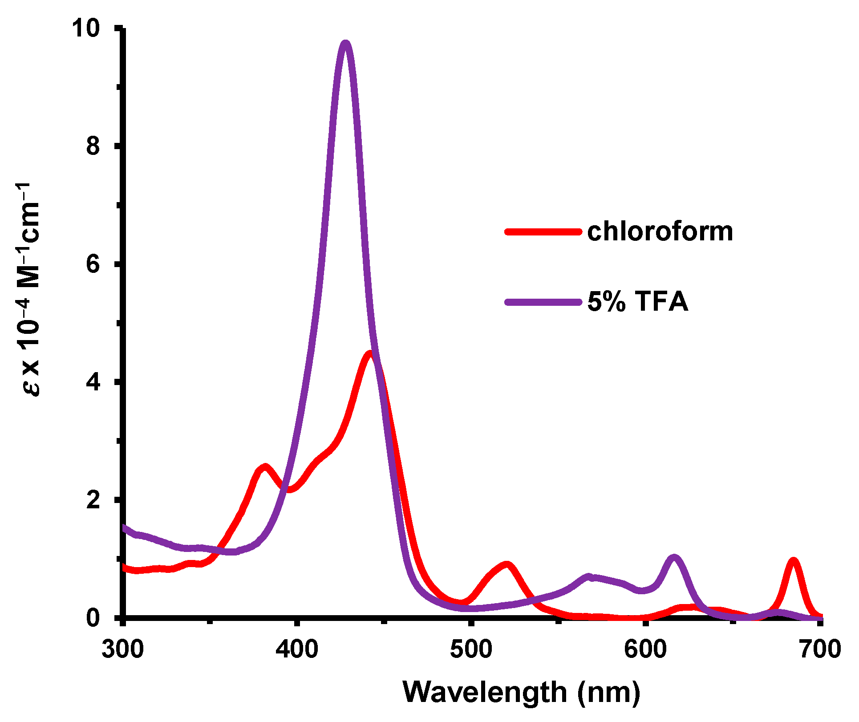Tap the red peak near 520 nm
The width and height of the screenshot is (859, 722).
[x=507, y=565]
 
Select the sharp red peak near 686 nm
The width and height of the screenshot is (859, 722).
[x=793, y=561]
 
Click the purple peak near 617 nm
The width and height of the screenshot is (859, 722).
[x=674, y=558]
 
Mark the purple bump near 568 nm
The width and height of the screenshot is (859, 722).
[x=588, y=577]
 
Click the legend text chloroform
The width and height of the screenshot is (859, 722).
[x=660, y=231]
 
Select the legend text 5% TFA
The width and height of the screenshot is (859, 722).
[x=637, y=302]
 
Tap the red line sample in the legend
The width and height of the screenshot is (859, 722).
[x=543, y=231]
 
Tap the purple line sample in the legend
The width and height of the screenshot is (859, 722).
[x=543, y=302]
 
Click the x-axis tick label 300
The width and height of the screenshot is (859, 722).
[x=123, y=649]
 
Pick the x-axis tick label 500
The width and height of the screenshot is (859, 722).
[x=471, y=649]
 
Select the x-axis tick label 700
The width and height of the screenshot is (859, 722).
[x=819, y=649]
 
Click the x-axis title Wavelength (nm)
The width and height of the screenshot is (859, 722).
[x=521, y=692]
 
